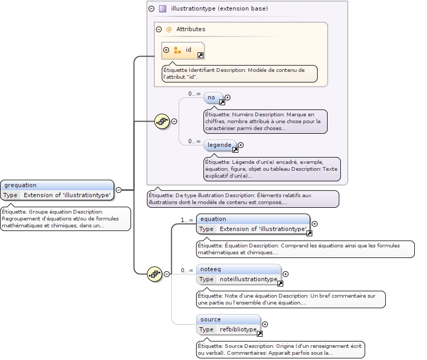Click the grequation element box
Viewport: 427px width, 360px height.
pyautogui.click(x=58, y=190)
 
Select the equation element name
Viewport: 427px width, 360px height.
pyautogui.click(x=213, y=219)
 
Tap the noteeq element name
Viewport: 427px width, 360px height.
pyautogui.click(x=211, y=269)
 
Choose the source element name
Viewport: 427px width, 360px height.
pyautogui.click(x=210, y=319)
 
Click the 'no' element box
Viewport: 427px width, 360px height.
pyautogui.click(x=212, y=98)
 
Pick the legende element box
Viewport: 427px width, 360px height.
pyautogui.click(x=219, y=145)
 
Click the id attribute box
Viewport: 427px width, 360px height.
pyautogui.click(x=183, y=50)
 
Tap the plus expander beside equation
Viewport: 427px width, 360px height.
pyautogui.click(x=315, y=224)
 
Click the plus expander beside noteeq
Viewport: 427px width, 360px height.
pyautogui.click(x=286, y=274)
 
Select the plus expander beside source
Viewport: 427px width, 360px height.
pyautogui.click(x=265, y=324)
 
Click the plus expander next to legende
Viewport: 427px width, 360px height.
pyautogui.click(x=241, y=145)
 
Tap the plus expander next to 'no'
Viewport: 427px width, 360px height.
pyautogui.click(x=228, y=97)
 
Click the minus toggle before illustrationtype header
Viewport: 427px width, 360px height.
pyautogui.click(x=152, y=8)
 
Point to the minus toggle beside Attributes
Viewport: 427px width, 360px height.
pyautogui.click(x=159, y=30)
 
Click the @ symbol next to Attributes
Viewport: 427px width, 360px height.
pyautogui.click(x=169, y=30)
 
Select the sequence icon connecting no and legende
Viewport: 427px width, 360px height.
pyautogui.click(x=162, y=121)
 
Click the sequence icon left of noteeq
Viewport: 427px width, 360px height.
pyautogui.click(x=154, y=273)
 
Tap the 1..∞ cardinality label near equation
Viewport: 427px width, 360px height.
pyautogui.click(x=187, y=220)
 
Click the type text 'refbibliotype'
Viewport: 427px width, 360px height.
pyautogui.click(x=238, y=329)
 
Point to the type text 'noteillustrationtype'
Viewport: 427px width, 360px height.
pyautogui.click(x=248, y=279)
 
